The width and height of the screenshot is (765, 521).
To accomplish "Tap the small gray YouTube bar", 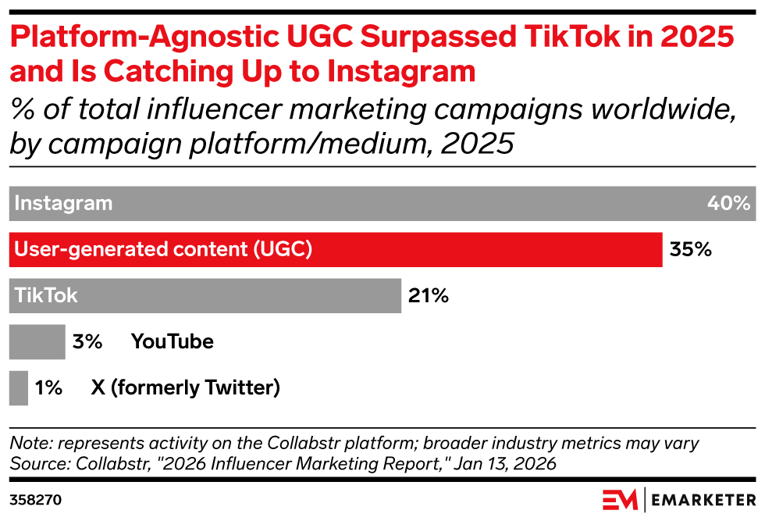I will click(x=37, y=342).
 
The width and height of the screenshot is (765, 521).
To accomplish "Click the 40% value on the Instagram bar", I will click(x=728, y=204).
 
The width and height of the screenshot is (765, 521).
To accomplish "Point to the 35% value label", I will click(x=691, y=250).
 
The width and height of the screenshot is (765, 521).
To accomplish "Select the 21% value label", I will click(x=428, y=296).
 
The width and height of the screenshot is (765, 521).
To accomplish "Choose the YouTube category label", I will click(x=172, y=342).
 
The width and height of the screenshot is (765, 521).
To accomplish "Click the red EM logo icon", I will click(x=619, y=498).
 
